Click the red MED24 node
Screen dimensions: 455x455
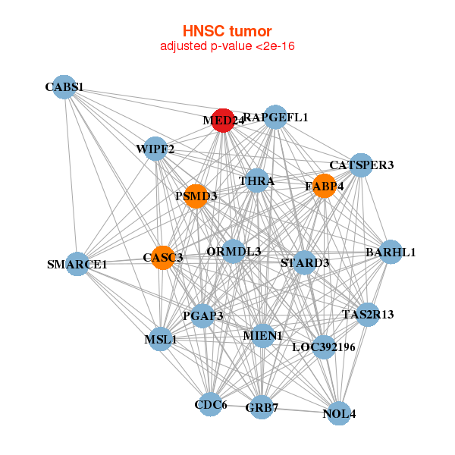click(x=222, y=120)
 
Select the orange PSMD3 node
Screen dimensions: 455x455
click(x=196, y=196)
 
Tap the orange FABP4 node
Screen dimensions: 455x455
click(x=324, y=186)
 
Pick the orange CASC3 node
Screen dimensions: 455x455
click(x=162, y=257)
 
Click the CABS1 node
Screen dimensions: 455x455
click(x=64, y=87)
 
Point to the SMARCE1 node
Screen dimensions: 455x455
click(x=77, y=264)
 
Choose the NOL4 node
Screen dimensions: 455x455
click(x=338, y=413)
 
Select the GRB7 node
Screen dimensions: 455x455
click(x=262, y=407)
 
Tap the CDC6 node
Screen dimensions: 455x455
click(x=211, y=404)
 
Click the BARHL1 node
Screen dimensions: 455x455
click(x=390, y=252)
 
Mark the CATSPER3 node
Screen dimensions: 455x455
click(x=360, y=165)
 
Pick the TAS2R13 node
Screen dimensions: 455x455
click(x=368, y=314)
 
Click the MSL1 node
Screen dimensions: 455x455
click(x=160, y=339)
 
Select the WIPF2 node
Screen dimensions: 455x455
click(x=155, y=149)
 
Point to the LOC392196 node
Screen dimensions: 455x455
click(x=324, y=347)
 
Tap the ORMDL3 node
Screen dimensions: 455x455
click(x=234, y=251)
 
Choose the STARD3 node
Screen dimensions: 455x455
click(x=304, y=262)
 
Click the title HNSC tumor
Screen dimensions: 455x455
click(x=227, y=31)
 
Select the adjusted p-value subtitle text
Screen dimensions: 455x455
click(x=227, y=46)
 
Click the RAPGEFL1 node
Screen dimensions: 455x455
click(x=276, y=117)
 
